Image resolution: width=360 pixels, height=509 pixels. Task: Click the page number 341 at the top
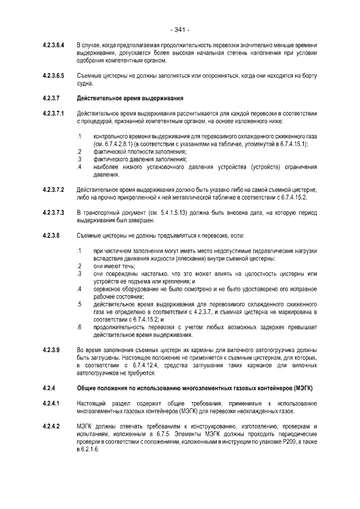click(179, 29)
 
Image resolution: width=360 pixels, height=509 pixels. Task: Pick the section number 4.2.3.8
click(51, 236)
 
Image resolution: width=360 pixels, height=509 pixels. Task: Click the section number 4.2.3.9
click(51, 350)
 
